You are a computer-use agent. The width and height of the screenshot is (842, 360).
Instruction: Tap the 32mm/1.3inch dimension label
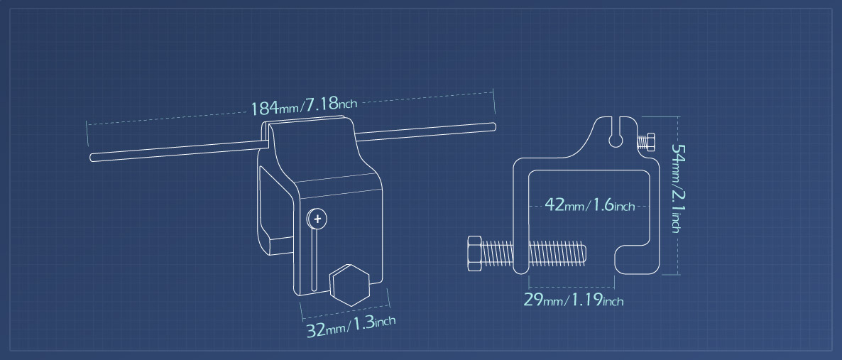[x=351, y=326]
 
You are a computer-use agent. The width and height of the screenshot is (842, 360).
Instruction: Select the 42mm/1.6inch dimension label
[x=590, y=205]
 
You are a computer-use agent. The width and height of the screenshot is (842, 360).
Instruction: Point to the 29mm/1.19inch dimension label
[x=574, y=300]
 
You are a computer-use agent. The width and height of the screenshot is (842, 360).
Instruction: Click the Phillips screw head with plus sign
[x=317, y=219]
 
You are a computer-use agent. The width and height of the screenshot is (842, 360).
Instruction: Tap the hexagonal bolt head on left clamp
[x=350, y=285]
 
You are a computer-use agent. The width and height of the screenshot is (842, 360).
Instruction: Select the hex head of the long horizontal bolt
[x=475, y=253]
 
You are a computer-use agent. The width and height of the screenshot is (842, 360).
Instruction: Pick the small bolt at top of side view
[x=645, y=142]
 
